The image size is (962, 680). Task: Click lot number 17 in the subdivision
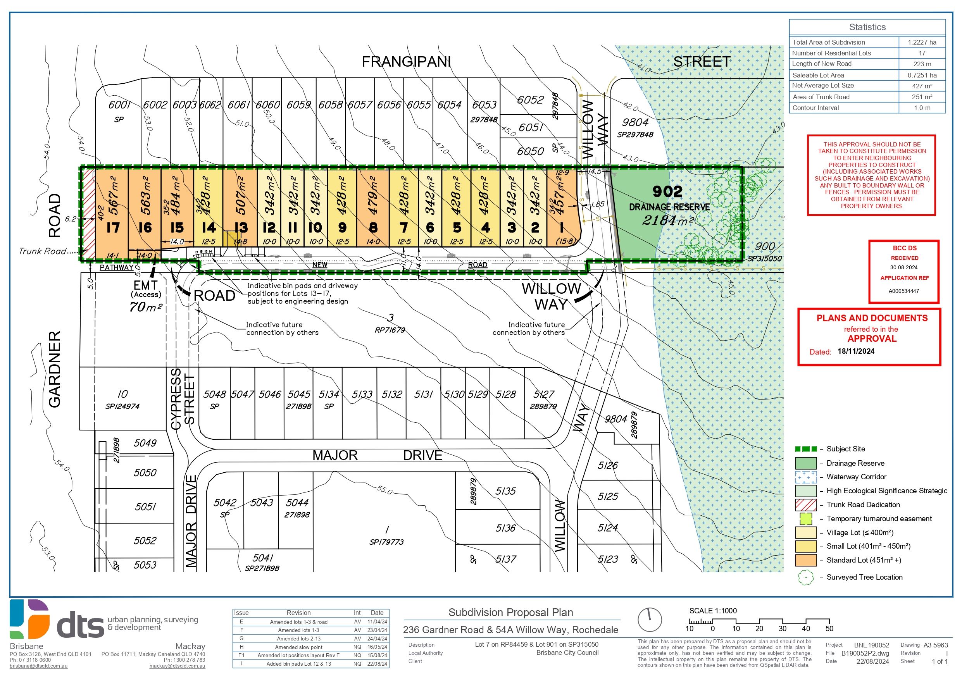[x=113, y=227]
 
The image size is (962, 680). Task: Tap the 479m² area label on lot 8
[x=373, y=195]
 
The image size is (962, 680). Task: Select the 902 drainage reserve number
[x=667, y=191]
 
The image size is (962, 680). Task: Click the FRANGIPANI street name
[x=406, y=62]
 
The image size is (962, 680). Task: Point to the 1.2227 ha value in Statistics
[x=922, y=42]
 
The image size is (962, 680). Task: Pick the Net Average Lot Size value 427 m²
[x=922, y=86]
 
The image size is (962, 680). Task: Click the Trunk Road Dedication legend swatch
[x=805, y=505]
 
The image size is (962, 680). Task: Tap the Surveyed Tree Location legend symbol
[x=805, y=577]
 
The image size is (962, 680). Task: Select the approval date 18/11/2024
[x=856, y=351]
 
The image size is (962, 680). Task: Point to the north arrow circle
[x=650, y=619]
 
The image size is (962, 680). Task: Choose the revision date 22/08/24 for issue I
[x=377, y=664]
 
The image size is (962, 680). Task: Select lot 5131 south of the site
[x=423, y=394]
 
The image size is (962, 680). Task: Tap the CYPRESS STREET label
[x=183, y=399]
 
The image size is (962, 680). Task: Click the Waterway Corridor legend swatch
[x=805, y=477]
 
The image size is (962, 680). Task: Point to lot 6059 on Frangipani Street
[x=299, y=105]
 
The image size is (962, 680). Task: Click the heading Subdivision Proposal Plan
[x=510, y=613]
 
